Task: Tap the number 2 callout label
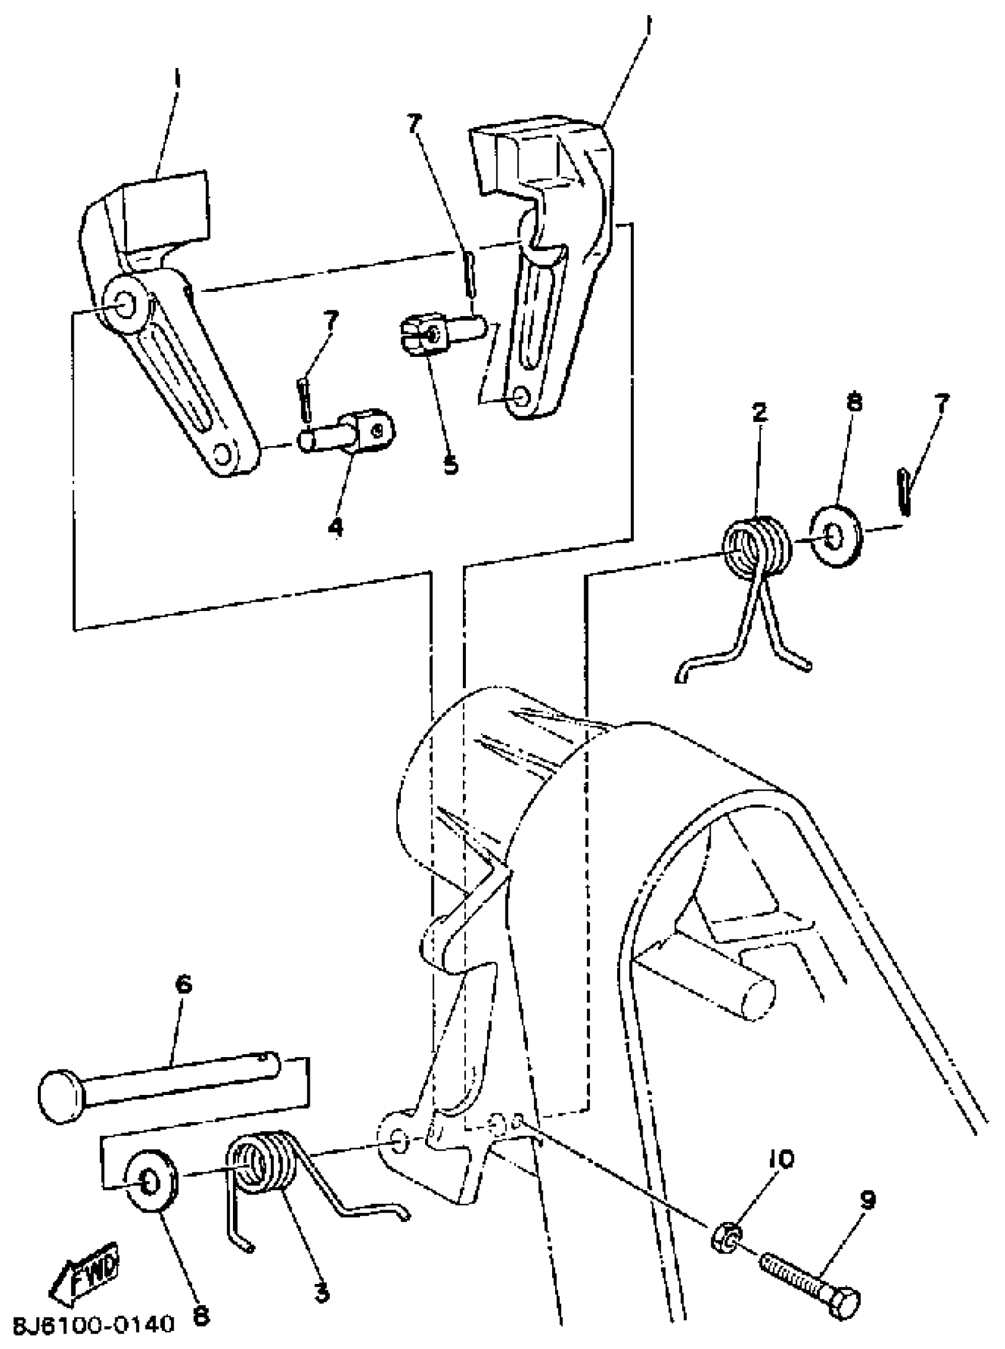758,414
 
